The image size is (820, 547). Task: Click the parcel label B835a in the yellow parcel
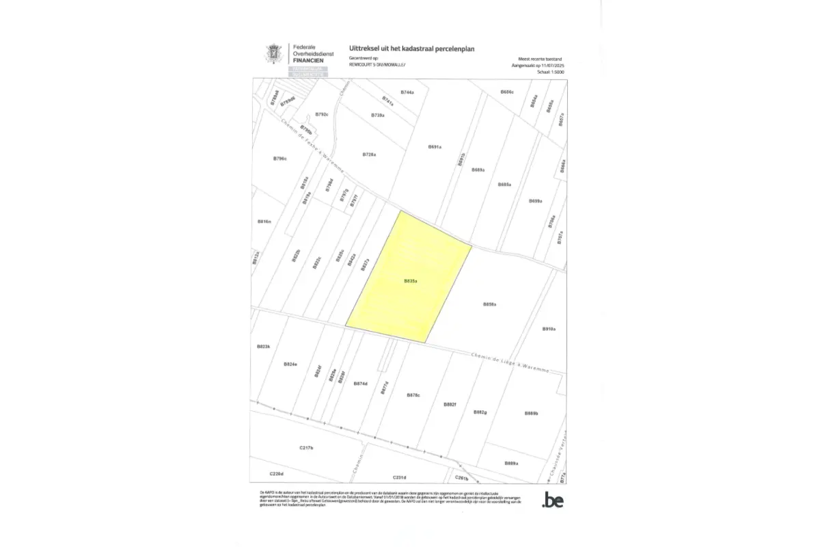(411, 280)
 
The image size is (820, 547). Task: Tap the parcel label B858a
(489, 304)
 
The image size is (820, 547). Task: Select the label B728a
(370, 155)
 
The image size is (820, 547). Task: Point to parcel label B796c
(279, 158)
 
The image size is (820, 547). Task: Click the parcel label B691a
(435, 147)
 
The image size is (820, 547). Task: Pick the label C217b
(306, 448)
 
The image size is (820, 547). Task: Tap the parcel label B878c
(413, 395)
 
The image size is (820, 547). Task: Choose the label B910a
(549, 329)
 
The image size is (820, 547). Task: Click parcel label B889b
(532, 413)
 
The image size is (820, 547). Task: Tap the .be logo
(552, 501)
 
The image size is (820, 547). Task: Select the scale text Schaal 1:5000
(551, 70)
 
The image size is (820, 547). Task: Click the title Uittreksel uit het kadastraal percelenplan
(411, 49)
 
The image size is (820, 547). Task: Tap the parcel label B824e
(290, 364)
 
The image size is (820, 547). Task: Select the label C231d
(400, 477)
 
